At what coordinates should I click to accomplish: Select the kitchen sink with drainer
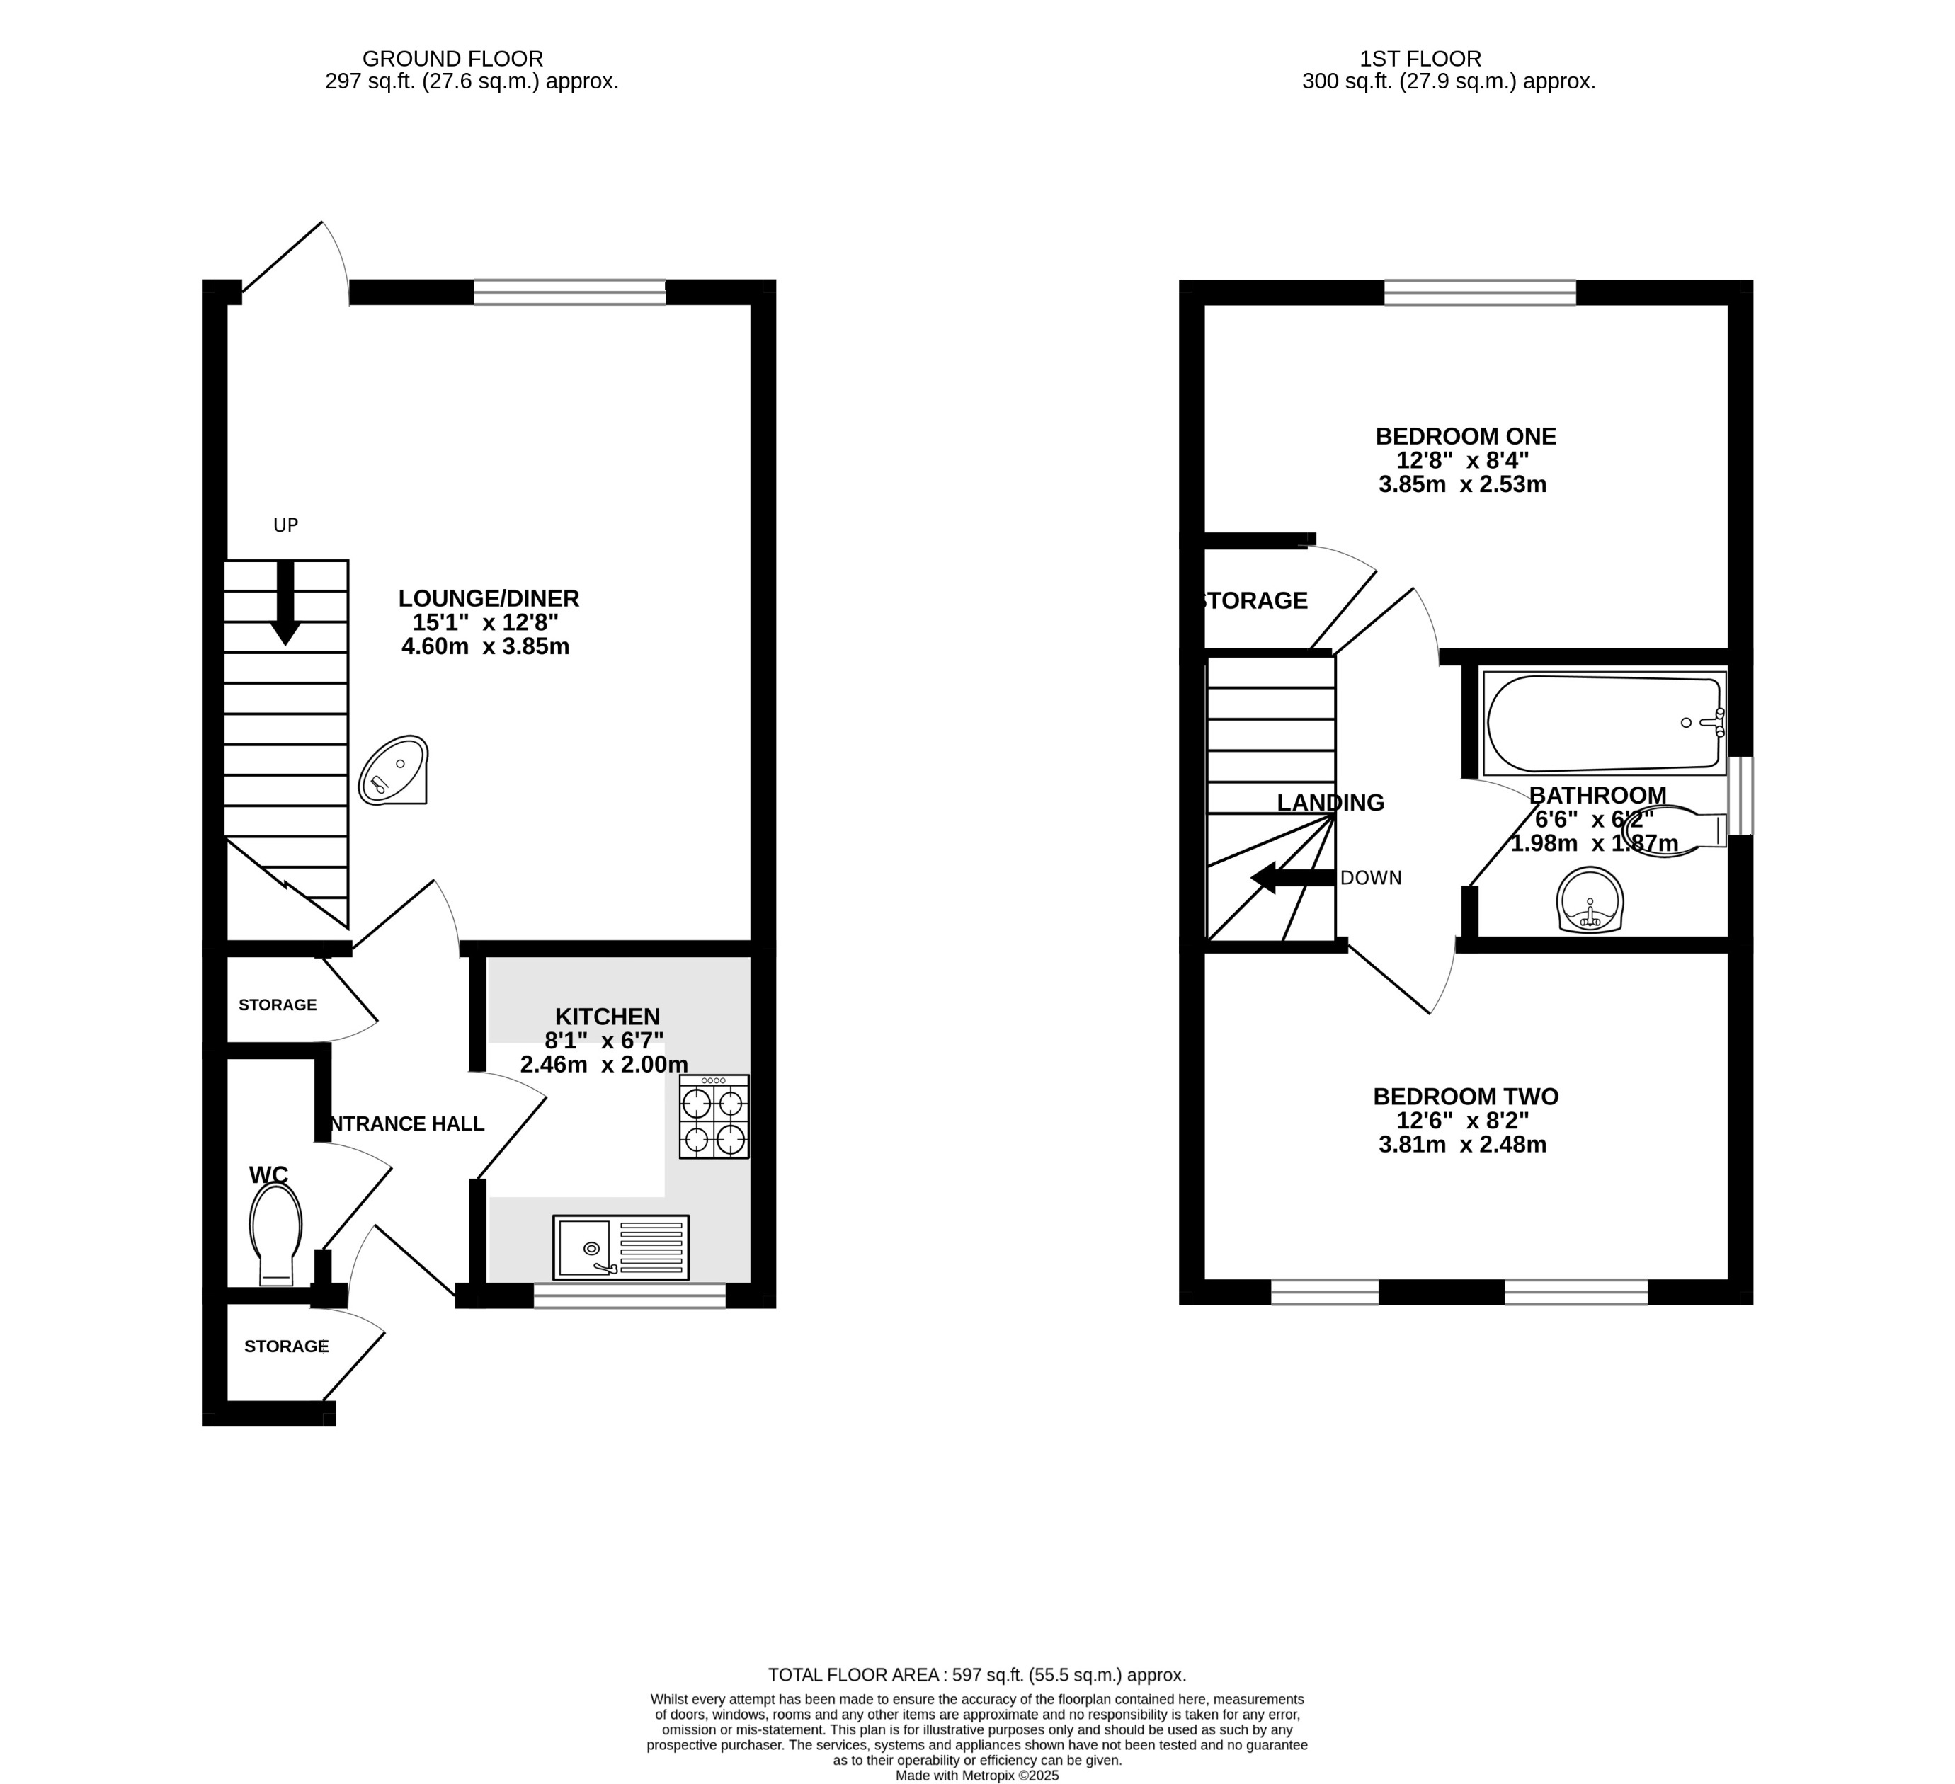[621, 1247]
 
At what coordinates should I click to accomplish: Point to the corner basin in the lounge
[394, 771]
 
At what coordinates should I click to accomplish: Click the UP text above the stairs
[285, 525]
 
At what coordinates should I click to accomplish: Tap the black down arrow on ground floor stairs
[285, 603]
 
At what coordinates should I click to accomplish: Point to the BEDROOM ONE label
[1465, 436]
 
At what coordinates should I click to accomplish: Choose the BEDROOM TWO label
[1465, 1097]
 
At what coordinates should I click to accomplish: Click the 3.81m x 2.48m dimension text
[1462, 1144]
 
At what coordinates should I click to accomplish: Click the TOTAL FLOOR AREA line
[976, 1674]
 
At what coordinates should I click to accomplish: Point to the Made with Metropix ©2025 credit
[976, 1776]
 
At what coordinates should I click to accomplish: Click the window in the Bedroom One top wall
[1480, 292]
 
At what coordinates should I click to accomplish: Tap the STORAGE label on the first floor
[1255, 601]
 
